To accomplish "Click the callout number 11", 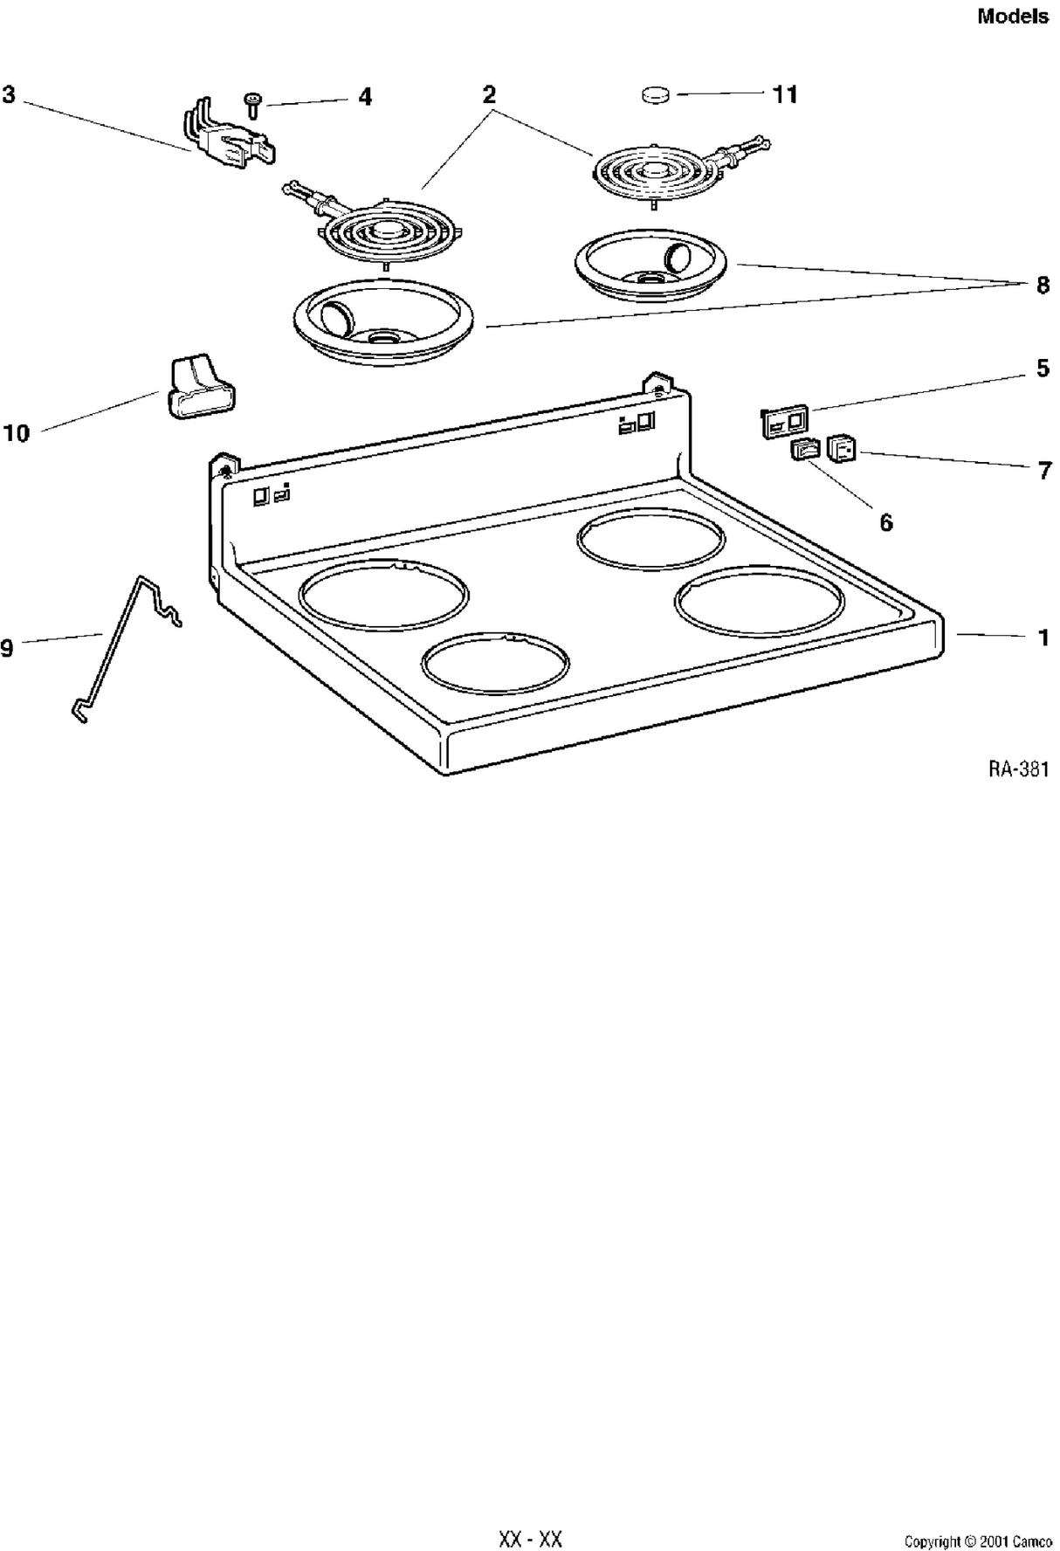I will click(785, 94).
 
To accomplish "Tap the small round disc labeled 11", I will click(656, 94).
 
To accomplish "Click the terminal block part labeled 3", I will click(229, 140).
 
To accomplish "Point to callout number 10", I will click(16, 432).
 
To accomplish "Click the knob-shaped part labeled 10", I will click(198, 388).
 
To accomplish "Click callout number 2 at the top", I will click(489, 93).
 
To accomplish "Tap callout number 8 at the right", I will click(1043, 285).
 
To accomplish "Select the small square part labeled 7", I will click(841, 449).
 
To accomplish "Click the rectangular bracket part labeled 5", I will click(784, 421).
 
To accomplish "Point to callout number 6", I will click(885, 522).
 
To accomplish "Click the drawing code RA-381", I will click(1018, 769).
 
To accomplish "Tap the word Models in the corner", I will click(1013, 16).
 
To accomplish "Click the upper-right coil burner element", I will click(655, 173).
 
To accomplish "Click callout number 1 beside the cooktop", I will click(1043, 638).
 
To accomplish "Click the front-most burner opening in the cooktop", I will click(494, 665).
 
